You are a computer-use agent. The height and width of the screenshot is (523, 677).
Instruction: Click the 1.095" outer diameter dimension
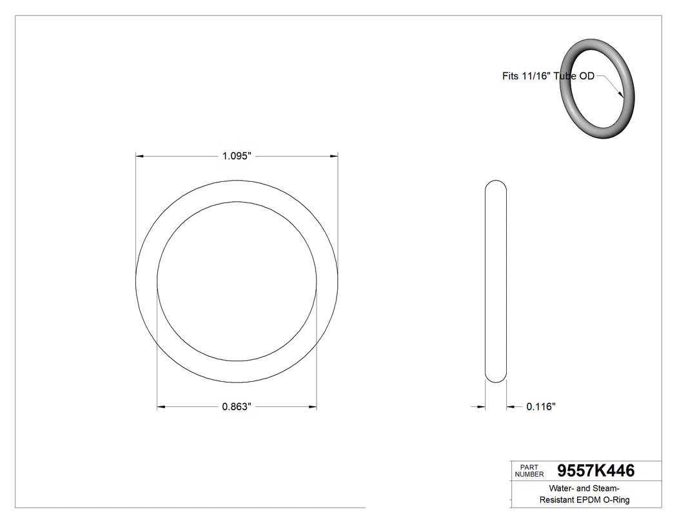[x=237, y=156]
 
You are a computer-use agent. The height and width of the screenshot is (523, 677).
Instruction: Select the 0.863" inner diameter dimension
[x=237, y=407]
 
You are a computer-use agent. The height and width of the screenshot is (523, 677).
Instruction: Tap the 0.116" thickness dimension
[x=541, y=407]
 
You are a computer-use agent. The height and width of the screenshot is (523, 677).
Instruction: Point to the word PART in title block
[x=529, y=467]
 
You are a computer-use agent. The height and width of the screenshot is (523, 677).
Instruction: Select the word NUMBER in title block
[x=529, y=475]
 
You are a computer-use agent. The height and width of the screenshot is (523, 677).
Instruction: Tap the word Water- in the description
[x=563, y=488]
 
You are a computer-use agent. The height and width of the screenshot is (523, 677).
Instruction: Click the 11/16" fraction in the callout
[x=537, y=76]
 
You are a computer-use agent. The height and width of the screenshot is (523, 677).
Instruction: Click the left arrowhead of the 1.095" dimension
[x=139, y=156]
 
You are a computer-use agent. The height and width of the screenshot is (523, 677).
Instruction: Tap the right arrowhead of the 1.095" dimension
[x=334, y=156]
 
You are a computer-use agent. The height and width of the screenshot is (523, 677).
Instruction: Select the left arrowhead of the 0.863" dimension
[x=162, y=407]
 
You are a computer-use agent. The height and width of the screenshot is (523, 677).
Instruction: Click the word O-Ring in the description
[x=617, y=500]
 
